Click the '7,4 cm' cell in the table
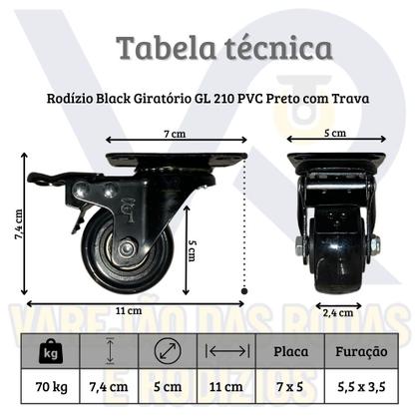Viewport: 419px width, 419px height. pyautogui.click(x=109, y=385)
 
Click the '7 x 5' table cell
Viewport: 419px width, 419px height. pyautogui.click(x=291, y=385)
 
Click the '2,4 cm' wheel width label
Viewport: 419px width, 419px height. pyautogui.click(x=337, y=310)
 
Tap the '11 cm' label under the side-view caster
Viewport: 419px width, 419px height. pyautogui.click(x=126, y=310)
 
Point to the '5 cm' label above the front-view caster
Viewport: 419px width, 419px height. pyautogui.click(x=335, y=133)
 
